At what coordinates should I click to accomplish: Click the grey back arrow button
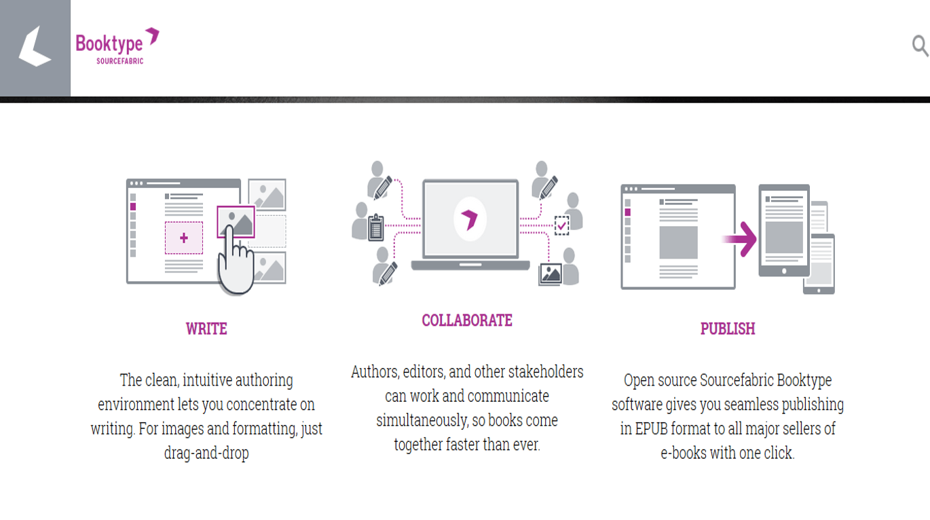coord(35,48)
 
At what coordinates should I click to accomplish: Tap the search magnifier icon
coord(920,45)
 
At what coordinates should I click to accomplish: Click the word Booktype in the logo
coord(109,44)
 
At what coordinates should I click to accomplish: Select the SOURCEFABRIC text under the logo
coord(120,61)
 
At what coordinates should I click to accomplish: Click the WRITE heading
coord(206,329)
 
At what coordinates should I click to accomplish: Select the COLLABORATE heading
coord(467,320)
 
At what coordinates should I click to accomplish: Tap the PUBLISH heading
coord(728,329)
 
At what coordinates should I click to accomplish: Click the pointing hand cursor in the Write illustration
coord(236,261)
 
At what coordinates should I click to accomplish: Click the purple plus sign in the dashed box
coord(184,238)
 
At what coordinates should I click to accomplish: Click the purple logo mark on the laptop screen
coord(470,219)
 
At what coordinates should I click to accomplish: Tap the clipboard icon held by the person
coord(376,227)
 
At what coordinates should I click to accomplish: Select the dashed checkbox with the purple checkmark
coord(562,225)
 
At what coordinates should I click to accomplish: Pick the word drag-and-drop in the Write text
coord(206,453)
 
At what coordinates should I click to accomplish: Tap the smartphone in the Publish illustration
coord(819,264)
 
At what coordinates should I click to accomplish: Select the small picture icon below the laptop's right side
coord(551,274)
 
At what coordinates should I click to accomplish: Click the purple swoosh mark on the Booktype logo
coord(153,35)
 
